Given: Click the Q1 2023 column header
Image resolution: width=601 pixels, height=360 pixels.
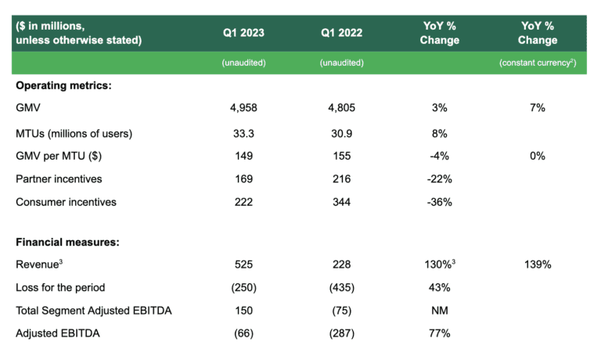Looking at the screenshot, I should coord(243,33).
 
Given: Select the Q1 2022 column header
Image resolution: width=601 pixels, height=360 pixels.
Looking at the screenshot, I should coord(342,33).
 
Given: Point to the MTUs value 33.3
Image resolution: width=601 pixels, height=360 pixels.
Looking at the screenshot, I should coord(243,133).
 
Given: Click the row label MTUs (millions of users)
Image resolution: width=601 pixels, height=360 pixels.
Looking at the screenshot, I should coord(74,133).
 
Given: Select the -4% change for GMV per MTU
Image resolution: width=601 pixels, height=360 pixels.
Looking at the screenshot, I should coord(439,156).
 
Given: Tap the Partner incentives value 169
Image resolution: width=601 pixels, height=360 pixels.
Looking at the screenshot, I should coord(243,178).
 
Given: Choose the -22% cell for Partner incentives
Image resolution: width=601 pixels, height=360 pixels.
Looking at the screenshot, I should coord(439,178).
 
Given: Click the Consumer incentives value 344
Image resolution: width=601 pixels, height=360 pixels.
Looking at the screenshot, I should coord(342,202).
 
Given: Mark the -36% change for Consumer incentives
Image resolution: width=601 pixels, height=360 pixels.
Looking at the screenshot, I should coord(439,202).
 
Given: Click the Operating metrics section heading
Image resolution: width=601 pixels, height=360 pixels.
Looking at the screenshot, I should coord(63,85).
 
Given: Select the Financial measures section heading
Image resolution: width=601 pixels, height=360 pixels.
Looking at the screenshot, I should coord(67,242).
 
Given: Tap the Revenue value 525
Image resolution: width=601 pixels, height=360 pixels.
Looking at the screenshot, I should coord(243,265).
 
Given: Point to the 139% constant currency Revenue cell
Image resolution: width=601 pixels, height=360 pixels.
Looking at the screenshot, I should coord(538,265).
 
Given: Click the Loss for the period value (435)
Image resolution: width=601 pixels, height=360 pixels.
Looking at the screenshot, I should coord(342,287).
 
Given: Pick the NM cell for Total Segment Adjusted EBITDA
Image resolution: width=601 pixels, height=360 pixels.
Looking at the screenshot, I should coord(439,310).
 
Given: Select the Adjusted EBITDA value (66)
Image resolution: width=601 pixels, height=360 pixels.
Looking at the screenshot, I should coord(243,333).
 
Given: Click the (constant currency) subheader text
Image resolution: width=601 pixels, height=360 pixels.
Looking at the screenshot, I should coord(538,63).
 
